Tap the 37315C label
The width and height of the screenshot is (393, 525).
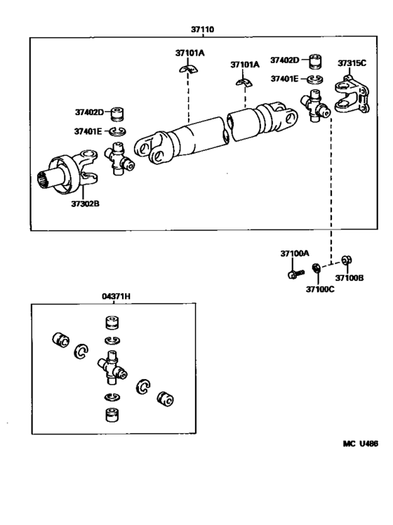pyautogui.click(x=352, y=63)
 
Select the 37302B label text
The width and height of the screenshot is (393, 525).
pyautogui.click(x=85, y=204)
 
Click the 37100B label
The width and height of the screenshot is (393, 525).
pyautogui.click(x=350, y=278)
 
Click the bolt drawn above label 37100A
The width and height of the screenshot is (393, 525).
pyautogui.click(x=294, y=272)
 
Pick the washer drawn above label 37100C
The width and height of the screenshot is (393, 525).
pyautogui.click(x=317, y=269)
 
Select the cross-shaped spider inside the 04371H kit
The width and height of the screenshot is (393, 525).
pyautogui.click(x=111, y=367)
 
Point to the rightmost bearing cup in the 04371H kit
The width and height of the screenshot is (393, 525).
pyautogui.click(x=166, y=399)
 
